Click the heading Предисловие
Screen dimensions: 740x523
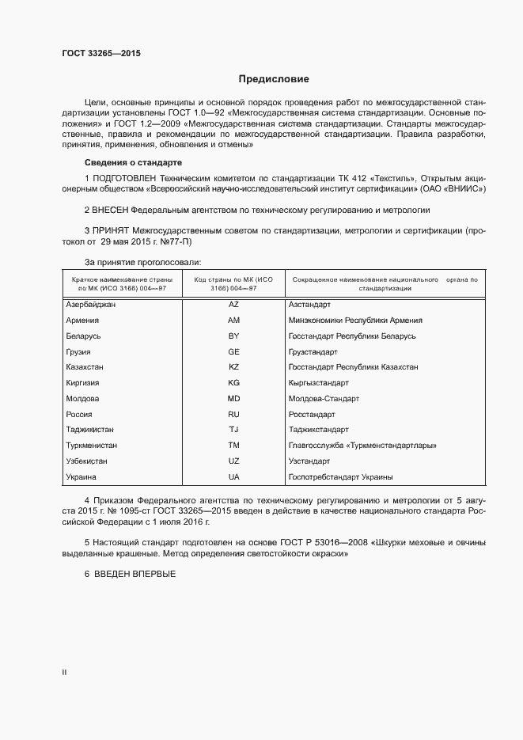click(274, 79)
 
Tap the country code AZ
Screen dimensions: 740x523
click(233, 305)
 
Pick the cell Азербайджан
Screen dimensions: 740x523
click(91, 305)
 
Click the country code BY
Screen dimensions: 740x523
click(233, 336)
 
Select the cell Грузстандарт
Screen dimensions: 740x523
click(313, 351)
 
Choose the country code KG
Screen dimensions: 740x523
click(233, 383)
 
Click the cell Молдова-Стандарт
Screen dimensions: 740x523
click(324, 399)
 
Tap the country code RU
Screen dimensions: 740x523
click(233, 414)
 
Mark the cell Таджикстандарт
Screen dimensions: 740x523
click(319, 430)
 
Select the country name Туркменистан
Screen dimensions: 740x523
click(93, 446)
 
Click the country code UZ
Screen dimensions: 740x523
click(233, 461)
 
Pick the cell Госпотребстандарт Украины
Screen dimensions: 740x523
click(341, 477)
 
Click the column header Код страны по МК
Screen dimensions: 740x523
click(233, 284)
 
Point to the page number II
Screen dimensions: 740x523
click(64, 673)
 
